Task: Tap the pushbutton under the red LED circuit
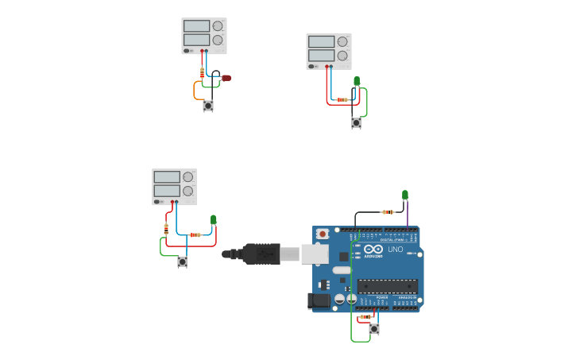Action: [208, 105]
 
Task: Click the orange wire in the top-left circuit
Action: [195, 90]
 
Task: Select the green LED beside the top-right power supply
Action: [356, 80]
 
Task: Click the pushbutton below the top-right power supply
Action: [356, 122]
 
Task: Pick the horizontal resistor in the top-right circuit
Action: [342, 99]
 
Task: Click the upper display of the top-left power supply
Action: [196, 25]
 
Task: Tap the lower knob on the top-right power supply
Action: [342, 56]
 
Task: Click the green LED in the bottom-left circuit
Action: [213, 220]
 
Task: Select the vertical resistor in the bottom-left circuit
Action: [166, 229]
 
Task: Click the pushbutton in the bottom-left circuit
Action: [182, 261]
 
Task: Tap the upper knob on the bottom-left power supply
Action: [187, 177]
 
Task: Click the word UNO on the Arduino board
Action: [395, 250]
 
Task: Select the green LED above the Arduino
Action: [404, 195]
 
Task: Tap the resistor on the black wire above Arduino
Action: [387, 212]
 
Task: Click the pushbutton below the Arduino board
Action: [373, 328]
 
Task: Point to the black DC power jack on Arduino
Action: [319, 300]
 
